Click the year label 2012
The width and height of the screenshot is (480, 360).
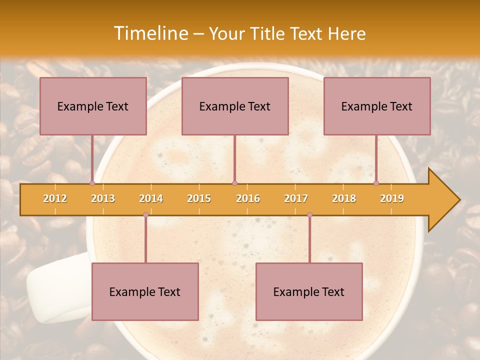coord(55,198)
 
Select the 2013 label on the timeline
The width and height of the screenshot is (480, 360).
coord(103,198)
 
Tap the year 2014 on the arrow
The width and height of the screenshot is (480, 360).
coord(151,198)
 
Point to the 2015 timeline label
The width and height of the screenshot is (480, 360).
coord(199,198)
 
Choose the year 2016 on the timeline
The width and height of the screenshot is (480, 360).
coord(248,198)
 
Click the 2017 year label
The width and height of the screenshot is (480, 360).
coord(296,198)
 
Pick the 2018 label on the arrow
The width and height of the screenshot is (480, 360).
coord(344,198)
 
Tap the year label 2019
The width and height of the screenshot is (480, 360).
coord(392,198)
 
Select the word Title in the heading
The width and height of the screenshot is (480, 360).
coord(266,33)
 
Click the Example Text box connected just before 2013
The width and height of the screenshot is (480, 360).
coord(93,106)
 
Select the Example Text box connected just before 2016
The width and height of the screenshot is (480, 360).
coord(235,106)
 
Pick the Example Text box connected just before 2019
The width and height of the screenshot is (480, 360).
coord(377,106)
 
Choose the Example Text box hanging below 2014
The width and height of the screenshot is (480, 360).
coord(145,291)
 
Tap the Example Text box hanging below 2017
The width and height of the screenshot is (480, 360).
coord(309,291)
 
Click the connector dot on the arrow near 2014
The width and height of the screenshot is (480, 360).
coord(145,214)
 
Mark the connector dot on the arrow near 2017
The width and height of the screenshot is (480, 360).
coord(309,214)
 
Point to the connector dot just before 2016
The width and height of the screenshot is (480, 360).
coord(234,183)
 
